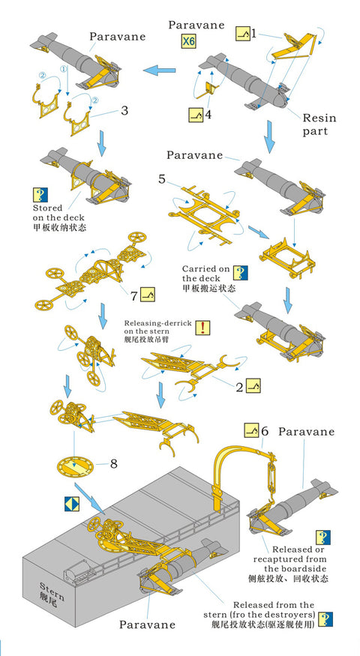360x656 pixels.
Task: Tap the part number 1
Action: (x=253, y=34)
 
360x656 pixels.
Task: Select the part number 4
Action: (x=208, y=115)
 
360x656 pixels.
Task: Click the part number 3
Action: (x=124, y=111)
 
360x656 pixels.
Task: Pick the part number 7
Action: (x=134, y=295)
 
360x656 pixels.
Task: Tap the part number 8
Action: (x=114, y=463)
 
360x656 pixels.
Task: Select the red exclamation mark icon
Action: (x=204, y=328)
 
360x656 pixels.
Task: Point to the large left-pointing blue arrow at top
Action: (x=163, y=70)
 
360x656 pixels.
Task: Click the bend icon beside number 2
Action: (x=254, y=387)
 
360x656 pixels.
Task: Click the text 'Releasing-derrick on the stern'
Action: (x=157, y=331)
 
